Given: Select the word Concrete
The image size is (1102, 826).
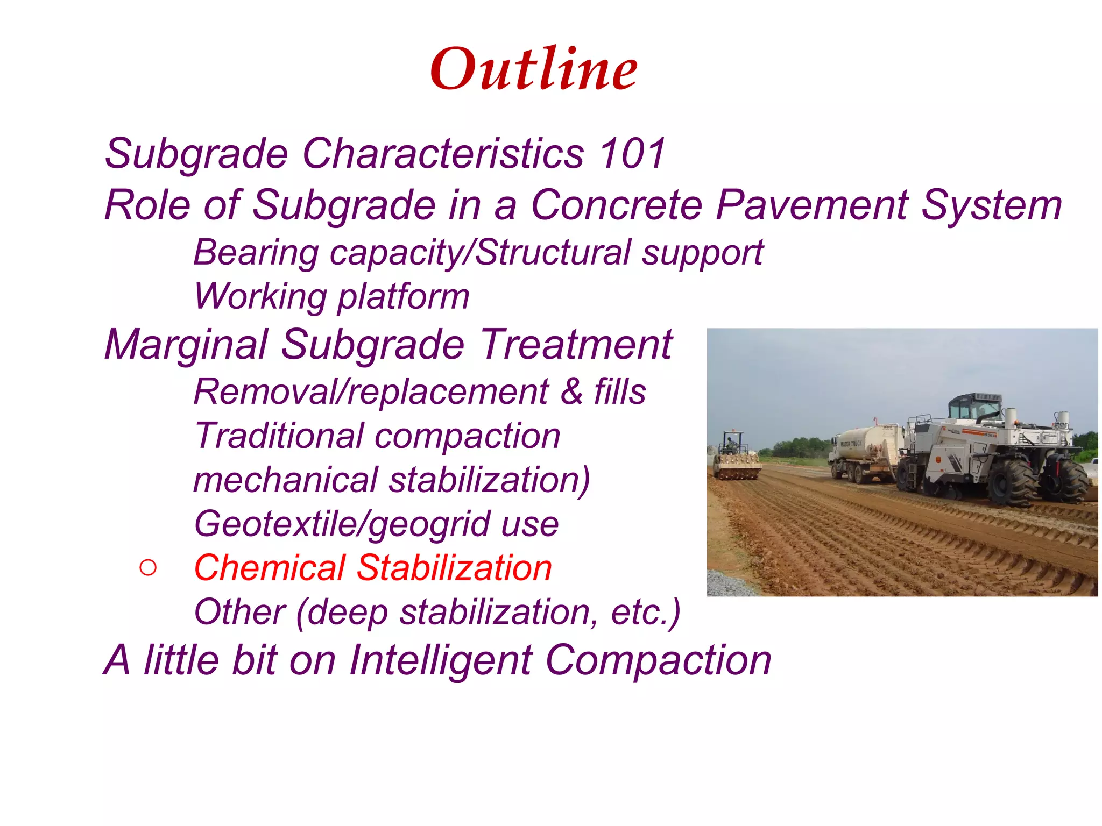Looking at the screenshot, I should click(617, 205).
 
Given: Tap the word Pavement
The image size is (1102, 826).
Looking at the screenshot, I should click(813, 205).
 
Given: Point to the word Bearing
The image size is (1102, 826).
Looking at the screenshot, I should click(256, 253).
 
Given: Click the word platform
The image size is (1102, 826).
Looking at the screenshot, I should click(403, 297).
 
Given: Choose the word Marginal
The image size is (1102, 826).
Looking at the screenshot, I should click(186, 345).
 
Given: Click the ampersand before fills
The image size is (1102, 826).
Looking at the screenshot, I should click(571, 392).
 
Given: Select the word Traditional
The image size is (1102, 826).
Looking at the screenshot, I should click(279, 436).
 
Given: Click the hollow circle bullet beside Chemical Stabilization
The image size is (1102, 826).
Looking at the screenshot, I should click(147, 568).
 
